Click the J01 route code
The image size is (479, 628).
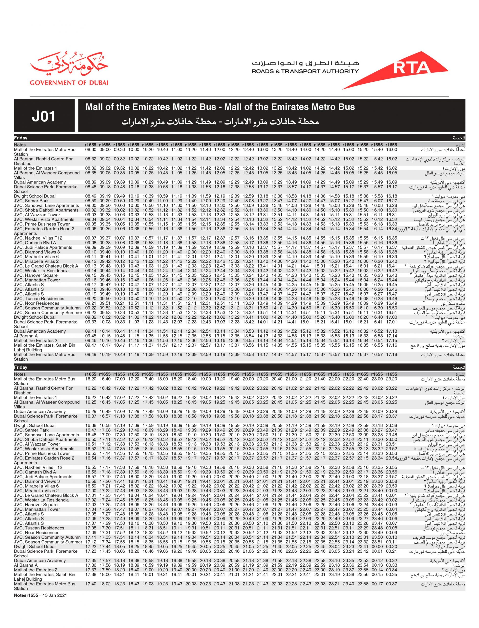coord(44,116)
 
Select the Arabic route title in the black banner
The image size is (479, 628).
coord(220,122)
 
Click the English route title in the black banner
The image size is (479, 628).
coord(220,107)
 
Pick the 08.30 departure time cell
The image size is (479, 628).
coord(90,149)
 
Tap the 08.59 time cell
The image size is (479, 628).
coord(90,201)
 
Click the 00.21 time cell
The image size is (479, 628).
coord(391,551)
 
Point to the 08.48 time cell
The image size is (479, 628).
coord(90,187)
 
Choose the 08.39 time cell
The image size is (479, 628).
coord(90,182)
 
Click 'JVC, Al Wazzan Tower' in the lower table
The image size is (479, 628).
coord(37,444)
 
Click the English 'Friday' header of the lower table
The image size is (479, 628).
coord(21,367)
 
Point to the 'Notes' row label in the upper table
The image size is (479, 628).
coord(20,145)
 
